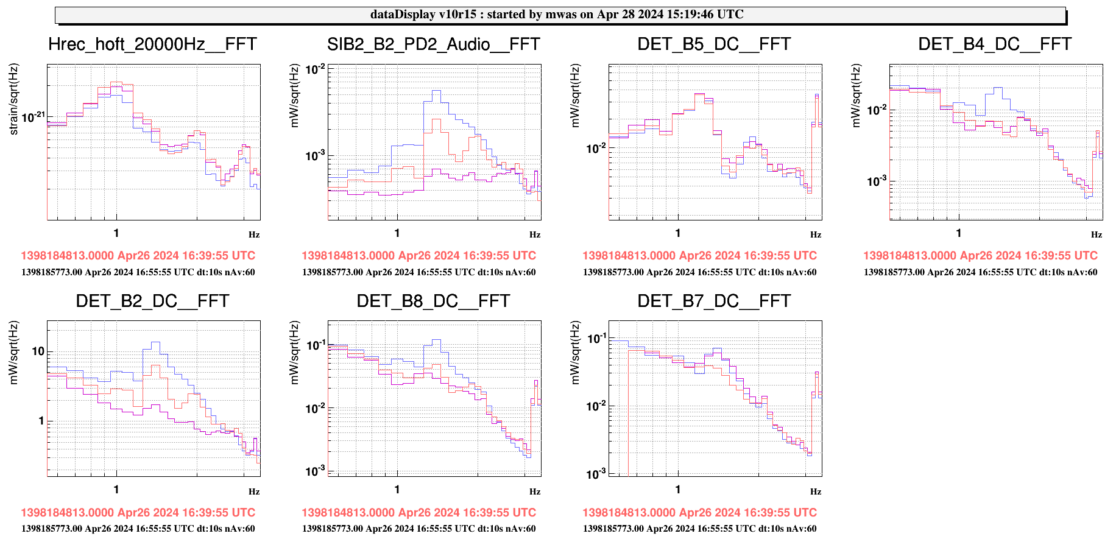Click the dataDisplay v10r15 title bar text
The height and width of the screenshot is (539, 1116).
pos(557,15)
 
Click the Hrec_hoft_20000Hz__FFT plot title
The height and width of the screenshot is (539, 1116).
pos(152,44)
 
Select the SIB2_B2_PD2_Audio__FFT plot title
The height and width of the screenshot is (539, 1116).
pos(433,44)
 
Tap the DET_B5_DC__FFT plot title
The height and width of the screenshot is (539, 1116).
pos(714,44)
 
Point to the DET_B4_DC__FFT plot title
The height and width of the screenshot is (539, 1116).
pos(995,44)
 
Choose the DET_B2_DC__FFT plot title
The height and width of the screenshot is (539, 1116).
pos(152,301)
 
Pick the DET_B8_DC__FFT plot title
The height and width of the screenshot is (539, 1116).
pos(433,301)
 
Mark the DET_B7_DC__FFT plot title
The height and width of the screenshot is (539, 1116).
pos(714,301)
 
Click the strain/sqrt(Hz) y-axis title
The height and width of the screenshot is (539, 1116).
pos(14,99)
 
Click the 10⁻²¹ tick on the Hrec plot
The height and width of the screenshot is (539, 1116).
pos(33,116)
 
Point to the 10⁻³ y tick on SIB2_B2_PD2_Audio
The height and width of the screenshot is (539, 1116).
pos(315,156)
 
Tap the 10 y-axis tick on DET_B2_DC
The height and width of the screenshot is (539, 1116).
pos(38,351)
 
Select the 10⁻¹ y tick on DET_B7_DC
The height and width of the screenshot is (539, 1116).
pos(596,338)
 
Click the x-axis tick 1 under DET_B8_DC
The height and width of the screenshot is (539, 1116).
pos(397,489)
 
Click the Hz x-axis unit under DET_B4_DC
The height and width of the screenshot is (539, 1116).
pos(1096,234)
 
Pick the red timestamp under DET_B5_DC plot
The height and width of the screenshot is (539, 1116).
pos(699,256)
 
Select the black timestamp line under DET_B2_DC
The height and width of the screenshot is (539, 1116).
pos(138,529)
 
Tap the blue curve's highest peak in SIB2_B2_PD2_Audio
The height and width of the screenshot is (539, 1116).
pos(436,91)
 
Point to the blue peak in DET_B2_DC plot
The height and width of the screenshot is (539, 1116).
pos(155,342)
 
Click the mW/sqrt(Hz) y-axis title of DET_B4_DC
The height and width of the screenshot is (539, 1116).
pos(856,96)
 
